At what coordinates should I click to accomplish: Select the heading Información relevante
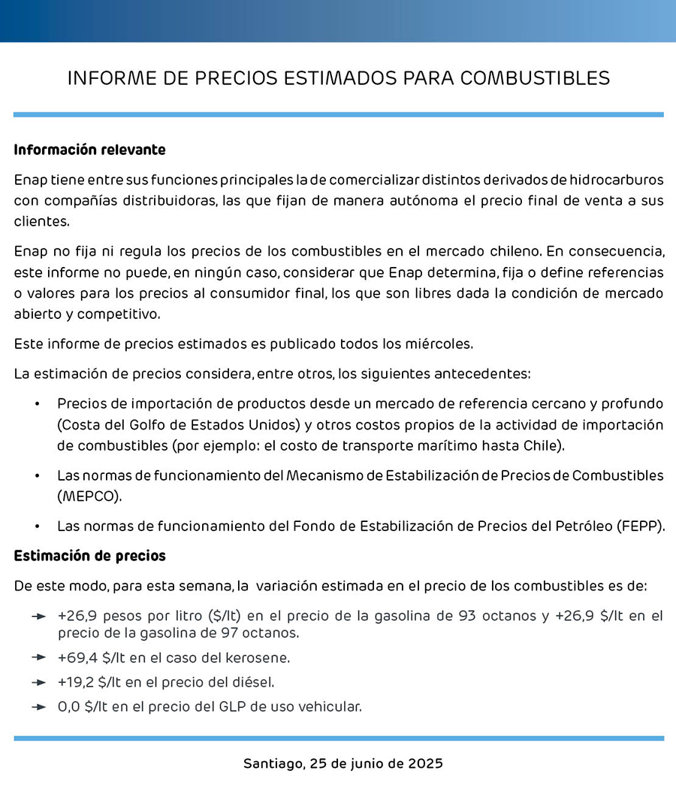coord(89,150)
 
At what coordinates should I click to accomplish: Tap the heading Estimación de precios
coord(89,557)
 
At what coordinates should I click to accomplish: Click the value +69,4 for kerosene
coord(75,658)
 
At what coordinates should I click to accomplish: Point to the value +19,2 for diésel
coord(75,683)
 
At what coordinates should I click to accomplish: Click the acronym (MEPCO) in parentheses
coord(89,497)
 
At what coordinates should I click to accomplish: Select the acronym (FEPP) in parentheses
coord(640,526)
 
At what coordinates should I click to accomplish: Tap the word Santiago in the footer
coord(274,764)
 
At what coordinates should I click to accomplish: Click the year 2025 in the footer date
coord(425,764)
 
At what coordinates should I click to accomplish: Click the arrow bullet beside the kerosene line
coord(39,658)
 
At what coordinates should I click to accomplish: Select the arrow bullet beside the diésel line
coord(39,683)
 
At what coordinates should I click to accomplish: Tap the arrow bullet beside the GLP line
coord(39,707)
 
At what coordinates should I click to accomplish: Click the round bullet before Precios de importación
coord(37,404)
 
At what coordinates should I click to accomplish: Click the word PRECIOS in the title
coord(239,78)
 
